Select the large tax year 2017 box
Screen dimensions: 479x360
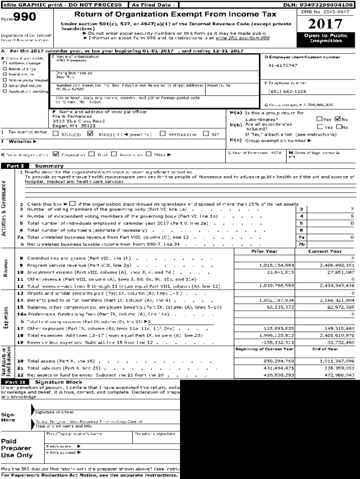[325, 24]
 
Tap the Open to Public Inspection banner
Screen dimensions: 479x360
[325, 38]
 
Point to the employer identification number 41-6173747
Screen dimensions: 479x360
[282, 65]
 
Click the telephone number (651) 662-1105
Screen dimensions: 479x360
[287, 92]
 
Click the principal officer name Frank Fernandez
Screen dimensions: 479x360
[69, 116]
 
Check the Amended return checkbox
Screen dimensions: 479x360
[5, 86]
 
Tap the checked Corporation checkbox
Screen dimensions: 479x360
[56, 154]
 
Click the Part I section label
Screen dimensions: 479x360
[15, 166]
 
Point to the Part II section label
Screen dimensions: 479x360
[15, 382]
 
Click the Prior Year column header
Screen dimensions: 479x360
[264, 251]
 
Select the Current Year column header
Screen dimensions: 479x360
[324, 251]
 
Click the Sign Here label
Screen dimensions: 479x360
[8, 417]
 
